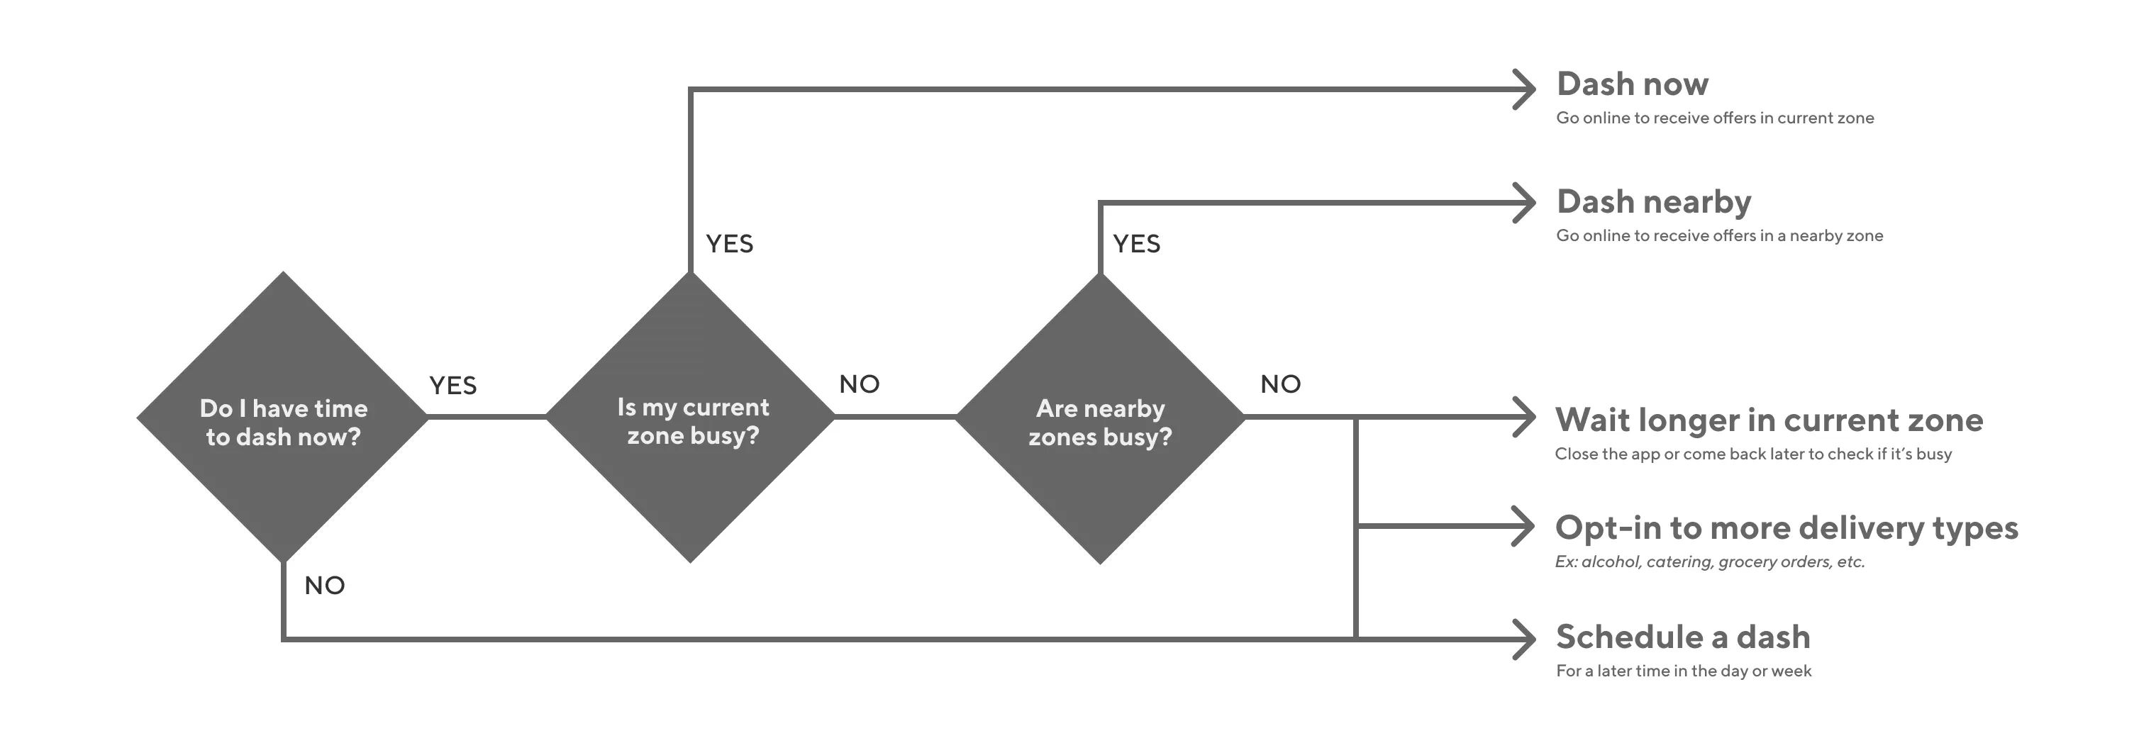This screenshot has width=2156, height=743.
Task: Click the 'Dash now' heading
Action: (1632, 84)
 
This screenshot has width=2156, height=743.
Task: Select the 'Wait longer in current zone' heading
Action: (1769, 420)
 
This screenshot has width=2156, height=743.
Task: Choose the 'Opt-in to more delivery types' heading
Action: (1786, 528)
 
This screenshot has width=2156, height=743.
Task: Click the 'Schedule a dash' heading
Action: (1682, 637)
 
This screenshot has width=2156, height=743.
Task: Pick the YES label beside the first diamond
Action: (452, 386)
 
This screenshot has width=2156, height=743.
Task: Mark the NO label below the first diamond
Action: (325, 586)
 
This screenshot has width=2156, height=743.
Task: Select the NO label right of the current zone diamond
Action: (860, 385)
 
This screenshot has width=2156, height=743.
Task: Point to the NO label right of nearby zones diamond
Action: (1281, 385)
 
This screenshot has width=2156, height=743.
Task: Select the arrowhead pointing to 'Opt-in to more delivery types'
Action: (1523, 526)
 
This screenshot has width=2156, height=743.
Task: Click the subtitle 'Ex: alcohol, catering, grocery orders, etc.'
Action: (1709, 562)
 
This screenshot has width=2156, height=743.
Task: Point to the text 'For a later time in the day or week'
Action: (1683, 671)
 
